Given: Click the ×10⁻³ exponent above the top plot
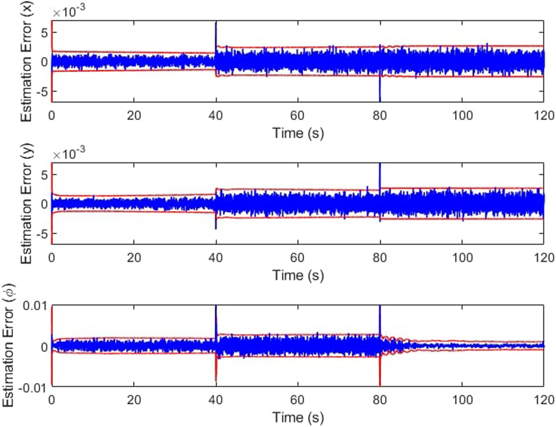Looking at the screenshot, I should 69,11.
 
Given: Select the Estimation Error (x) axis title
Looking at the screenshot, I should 26,62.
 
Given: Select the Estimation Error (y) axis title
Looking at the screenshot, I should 26,204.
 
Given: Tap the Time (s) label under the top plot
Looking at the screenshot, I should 298,133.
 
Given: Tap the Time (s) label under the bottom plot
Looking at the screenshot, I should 298,417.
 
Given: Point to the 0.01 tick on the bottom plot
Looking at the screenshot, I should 35,306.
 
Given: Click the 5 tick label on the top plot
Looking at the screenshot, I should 44,33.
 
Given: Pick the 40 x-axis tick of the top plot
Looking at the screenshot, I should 215,116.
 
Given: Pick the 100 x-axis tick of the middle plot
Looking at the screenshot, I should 462,258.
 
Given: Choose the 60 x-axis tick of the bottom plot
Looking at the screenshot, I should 297,400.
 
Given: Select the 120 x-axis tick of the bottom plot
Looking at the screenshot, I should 544,400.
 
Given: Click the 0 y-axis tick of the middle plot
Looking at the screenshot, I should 44,204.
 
